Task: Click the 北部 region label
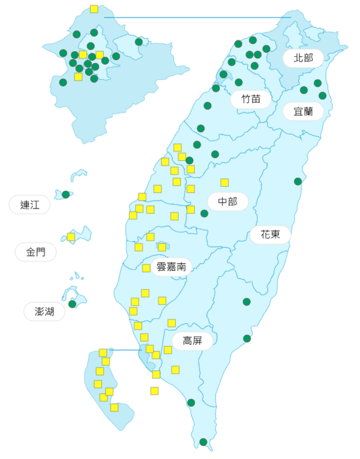tap(303, 58)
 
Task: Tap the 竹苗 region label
tap(251, 99)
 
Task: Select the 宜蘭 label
tap(303, 111)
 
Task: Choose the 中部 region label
tap(228, 202)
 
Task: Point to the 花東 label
tap(270, 234)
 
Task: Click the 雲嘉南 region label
tap(171, 267)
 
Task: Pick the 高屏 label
tap(192, 341)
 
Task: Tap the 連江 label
tap(29, 205)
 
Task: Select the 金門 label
tap(33, 252)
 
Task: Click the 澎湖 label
tap(44, 311)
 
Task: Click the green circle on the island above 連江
tap(66, 194)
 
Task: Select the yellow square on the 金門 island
tap(71, 237)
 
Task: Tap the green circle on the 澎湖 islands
tap(72, 304)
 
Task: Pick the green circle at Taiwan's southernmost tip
tap(203, 442)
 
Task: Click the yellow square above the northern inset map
tap(94, 9)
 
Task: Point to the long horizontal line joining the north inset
tap(196, 17)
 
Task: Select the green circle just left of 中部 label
tap(204, 213)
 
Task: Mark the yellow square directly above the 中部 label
tap(224, 183)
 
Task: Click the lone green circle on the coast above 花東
tap(298, 182)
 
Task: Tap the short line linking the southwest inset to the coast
tap(125, 349)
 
